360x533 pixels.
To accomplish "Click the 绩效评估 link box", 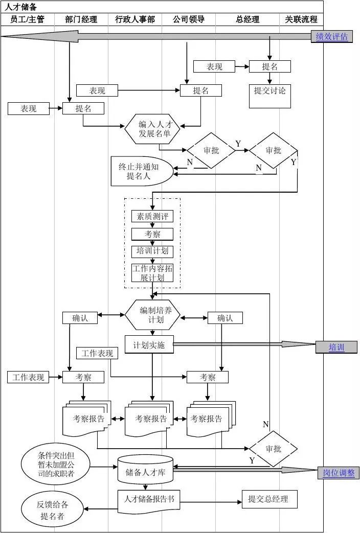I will pyautogui.click(x=331, y=36).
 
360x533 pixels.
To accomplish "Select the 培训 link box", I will pyautogui.click(x=336, y=347).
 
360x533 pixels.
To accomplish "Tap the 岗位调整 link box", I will pyautogui.click(x=339, y=473).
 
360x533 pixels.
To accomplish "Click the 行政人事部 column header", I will pyautogui.click(x=135, y=19).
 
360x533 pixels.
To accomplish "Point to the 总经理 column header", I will pyautogui.click(x=247, y=19).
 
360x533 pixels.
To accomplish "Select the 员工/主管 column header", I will pyautogui.click(x=28, y=19).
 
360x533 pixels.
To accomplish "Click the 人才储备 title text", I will pyautogui.click(x=21, y=7).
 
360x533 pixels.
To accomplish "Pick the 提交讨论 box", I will pyautogui.click(x=270, y=96).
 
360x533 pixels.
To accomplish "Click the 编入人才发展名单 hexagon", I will pyautogui.click(x=152, y=129).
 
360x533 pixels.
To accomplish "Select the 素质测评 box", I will pyautogui.click(x=152, y=216).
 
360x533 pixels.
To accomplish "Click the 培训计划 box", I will pyautogui.click(x=152, y=251).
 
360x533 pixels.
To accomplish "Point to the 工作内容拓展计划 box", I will pyautogui.click(x=152, y=273).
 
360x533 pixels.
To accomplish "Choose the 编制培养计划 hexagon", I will pyautogui.click(x=152, y=315).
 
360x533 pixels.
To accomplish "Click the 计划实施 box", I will pyautogui.click(x=149, y=345).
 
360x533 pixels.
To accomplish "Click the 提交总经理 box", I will pyautogui.click(x=269, y=499).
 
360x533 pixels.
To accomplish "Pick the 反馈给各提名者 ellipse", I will pyautogui.click(x=53, y=510).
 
